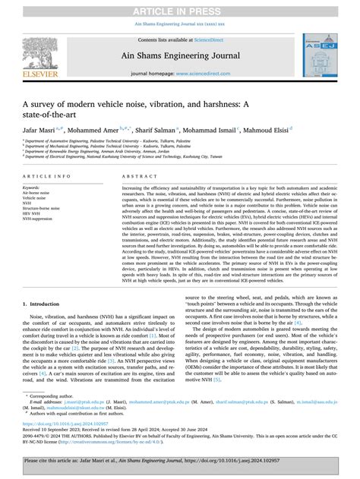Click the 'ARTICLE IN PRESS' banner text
(179, 8)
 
